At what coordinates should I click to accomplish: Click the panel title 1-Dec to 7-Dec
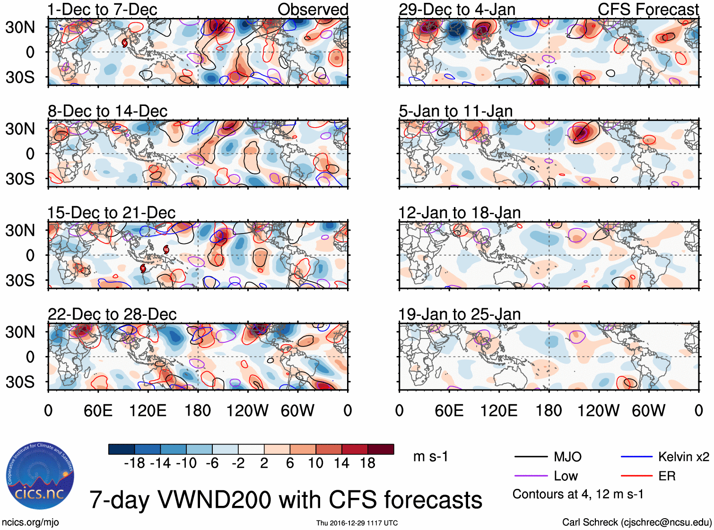[x=103, y=9]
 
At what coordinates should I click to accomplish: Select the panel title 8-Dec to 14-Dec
[x=108, y=111]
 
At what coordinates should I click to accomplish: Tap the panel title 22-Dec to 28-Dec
[x=112, y=314]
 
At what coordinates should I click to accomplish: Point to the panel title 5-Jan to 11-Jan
[x=456, y=111]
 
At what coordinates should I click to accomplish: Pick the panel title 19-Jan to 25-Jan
[x=460, y=314]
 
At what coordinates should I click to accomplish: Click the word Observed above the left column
[x=313, y=9]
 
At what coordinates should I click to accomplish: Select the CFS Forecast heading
[x=648, y=9]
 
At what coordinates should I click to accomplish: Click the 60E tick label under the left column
[x=98, y=410]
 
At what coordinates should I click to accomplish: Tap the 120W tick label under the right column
[x=598, y=410]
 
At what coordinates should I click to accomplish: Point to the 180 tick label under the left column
[x=198, y=410]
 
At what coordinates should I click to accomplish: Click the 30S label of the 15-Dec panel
[x=20, y=280]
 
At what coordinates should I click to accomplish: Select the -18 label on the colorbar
[x=134, y=463]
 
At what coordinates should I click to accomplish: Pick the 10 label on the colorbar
[x=315, y=463]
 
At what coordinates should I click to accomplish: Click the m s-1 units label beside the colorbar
[x=430, y=457]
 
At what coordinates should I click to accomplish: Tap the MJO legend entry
[x=567, y=457]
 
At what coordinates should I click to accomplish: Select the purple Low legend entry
[x=566, y=476]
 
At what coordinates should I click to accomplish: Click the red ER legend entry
[x=667, y=476]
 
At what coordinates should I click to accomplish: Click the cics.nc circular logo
[x=40, y=476]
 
